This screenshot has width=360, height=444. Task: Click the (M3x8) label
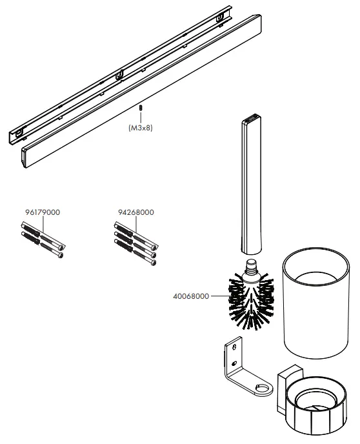point(140,128)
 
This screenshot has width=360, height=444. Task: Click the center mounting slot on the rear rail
point(119,75)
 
